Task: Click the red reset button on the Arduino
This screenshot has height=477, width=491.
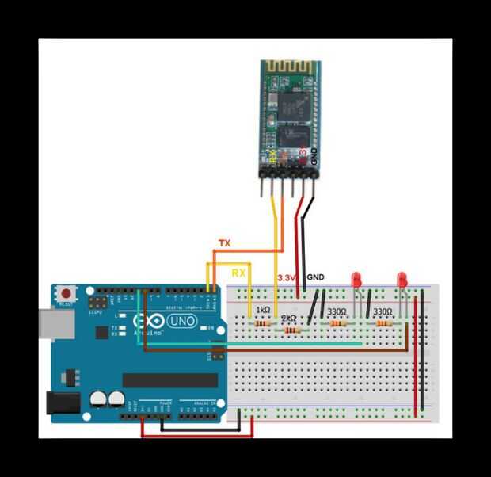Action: tap(65, 294)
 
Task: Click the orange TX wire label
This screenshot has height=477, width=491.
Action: tap(224, 243)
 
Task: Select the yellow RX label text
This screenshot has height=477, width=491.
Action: tap(239, 272)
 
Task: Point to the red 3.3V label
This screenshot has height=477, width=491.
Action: tap(286, 277)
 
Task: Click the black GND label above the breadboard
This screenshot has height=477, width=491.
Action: tap(315, 277)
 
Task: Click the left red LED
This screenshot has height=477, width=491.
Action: tap(357, 280)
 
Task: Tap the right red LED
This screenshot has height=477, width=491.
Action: tap(402, 280)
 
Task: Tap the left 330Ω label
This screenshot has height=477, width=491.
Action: tap(337, 312)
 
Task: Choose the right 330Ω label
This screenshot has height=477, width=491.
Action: tap(383, 312)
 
